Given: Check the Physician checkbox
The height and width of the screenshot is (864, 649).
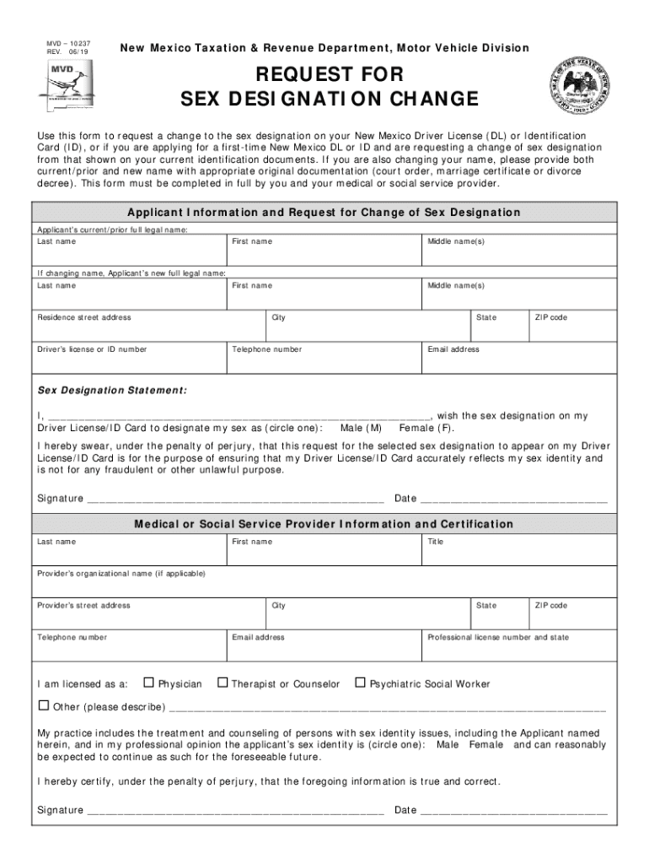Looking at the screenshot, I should tap(149, 682).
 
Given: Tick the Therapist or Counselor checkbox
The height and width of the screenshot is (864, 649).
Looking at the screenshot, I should tap(223, 682).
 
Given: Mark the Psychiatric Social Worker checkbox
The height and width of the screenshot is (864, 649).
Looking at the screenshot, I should tap(361, 682).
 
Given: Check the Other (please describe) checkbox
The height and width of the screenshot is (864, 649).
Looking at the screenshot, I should tap(44, 705).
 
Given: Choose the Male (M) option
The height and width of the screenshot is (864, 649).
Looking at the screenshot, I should tap(361, 428).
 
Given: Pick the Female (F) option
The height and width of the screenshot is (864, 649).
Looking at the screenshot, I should tap(426, 428).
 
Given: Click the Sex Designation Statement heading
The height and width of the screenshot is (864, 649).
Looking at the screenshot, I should tap(112, 391).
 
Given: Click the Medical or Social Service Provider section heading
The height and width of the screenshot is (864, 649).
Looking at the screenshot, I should tap(324, 524).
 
